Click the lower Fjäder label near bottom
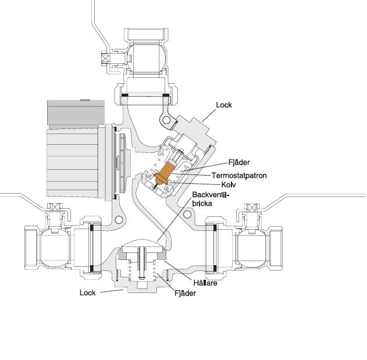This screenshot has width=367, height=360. coord(186,294)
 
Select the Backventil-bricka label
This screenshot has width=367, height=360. coord(211,199)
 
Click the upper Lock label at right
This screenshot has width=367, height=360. coord(224,105)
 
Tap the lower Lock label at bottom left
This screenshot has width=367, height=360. coord(87,293)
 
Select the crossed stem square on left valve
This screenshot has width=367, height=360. coord(55,208)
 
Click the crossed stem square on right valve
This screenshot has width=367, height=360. coord(252,208)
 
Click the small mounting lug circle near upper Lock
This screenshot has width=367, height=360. coord(168,121)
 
